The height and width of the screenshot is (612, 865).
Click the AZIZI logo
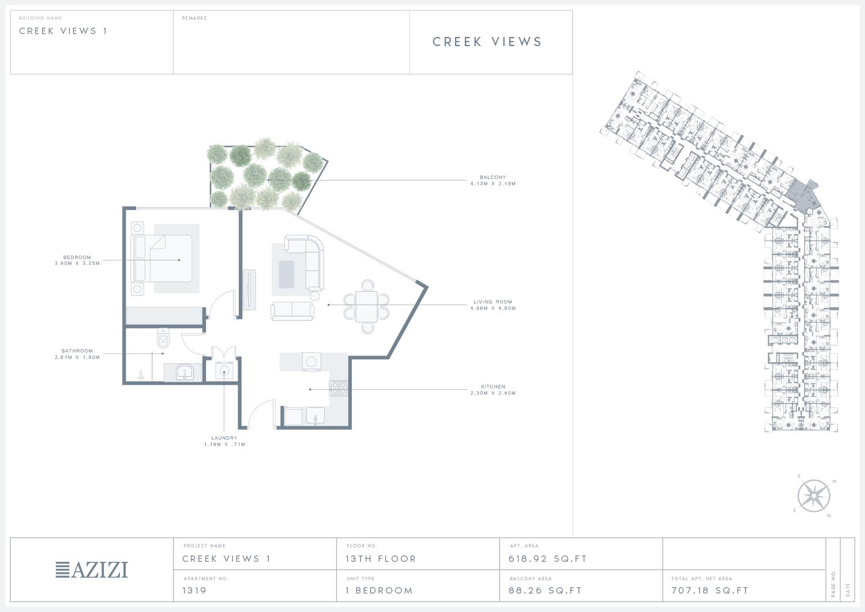click(92, 569)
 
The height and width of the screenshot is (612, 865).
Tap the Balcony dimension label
click(492, 181)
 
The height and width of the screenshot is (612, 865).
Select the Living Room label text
click(492, 305)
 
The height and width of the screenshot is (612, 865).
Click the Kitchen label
click(492, 389)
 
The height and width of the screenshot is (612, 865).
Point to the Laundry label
click(224, 441)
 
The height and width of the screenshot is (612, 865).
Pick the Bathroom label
click(77, 354)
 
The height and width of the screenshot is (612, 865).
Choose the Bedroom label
click(77, 260)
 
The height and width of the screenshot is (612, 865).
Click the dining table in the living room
click(366, 306)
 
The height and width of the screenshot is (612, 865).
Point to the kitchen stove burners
click(339, 388)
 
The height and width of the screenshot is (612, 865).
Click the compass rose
click(814, 495)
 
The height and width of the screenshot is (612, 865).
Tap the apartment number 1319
click(194, 590)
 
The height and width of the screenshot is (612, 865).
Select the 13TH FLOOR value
click(381, 559)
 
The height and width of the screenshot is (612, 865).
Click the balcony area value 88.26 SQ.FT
click(545, 590)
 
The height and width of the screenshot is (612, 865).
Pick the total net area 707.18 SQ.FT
click(710, 590)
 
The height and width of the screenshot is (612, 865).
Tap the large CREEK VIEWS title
click(487, 42)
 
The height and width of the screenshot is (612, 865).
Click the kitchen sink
click(315, 416)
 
